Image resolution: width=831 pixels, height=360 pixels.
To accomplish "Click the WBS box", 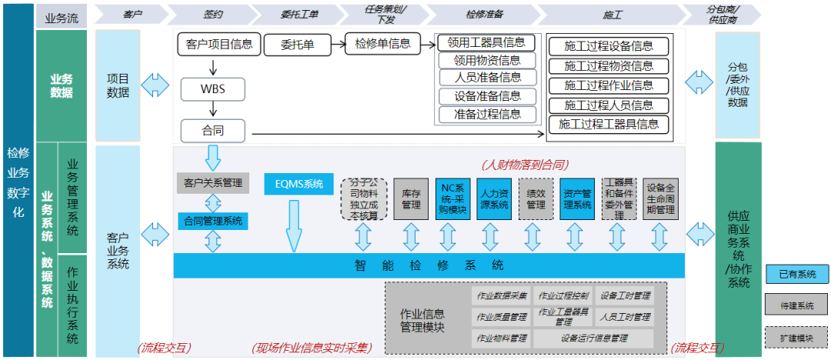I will [x=212, y=88].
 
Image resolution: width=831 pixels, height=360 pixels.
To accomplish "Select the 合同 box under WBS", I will [x=212, y=129].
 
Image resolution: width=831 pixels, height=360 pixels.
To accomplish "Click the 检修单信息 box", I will [x=382, y=44].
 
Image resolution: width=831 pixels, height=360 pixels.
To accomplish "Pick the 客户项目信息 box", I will [x=219, y=45].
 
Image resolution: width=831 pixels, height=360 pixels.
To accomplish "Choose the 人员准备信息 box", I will [x=487, y=78].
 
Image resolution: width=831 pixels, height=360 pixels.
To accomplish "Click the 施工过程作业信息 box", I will [x=608, y=85].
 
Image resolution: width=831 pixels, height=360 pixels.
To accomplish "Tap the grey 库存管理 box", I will [x=411, y=199].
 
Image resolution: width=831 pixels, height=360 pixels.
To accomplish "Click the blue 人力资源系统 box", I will [x=494, y=199].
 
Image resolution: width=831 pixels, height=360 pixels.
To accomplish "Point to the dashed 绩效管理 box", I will [x=536, y=199].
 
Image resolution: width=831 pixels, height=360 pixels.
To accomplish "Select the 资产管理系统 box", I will [x=577, y=199].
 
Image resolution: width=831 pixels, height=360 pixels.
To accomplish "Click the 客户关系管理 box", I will [x=213, y=183].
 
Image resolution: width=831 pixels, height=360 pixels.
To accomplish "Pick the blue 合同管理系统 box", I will [x=213, y=221].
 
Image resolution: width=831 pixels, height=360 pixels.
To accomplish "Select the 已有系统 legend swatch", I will [x=796, y=275].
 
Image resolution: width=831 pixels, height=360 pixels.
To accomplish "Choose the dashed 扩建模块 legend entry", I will [x=796, y=337].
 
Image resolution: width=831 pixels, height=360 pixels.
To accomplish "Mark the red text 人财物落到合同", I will [x=524, y=165].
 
